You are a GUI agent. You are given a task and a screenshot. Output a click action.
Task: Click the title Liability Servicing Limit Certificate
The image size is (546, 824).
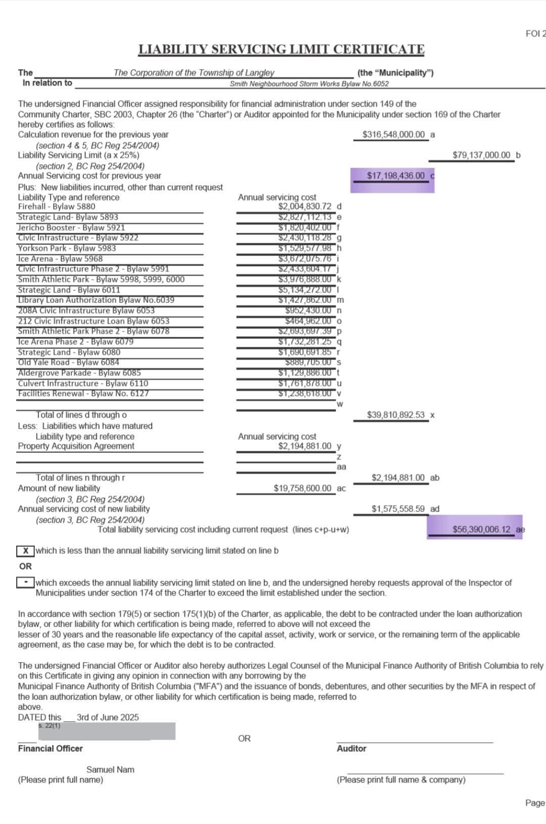282,49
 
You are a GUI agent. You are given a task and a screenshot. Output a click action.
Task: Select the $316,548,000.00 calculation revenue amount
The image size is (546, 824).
393,135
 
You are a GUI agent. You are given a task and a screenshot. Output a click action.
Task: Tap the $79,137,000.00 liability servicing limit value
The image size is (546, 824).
481,155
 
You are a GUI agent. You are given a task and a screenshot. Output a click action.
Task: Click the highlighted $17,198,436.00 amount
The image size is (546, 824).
395,176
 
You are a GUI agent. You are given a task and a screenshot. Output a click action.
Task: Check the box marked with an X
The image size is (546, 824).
25,550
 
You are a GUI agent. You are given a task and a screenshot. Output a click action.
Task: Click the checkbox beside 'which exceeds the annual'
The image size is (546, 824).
25,583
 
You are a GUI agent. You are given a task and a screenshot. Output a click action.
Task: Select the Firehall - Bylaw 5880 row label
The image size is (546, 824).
57,207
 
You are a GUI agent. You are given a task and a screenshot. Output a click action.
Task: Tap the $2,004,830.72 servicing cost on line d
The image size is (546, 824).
305,207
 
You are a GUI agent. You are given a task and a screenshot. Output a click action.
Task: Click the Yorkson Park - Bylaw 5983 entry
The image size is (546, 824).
67,248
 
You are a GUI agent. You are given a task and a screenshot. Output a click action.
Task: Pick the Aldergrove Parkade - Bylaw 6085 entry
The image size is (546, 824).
79,373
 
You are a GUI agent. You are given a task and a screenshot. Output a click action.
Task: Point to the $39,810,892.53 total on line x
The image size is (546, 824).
395,415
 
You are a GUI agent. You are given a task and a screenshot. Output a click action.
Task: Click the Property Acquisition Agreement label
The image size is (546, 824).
76,446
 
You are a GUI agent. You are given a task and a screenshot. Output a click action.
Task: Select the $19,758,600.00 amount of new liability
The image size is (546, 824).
302,488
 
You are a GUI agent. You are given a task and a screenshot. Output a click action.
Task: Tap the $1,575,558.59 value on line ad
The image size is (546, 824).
398,509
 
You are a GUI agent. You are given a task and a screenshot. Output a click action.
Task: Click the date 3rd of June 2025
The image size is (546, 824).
108,717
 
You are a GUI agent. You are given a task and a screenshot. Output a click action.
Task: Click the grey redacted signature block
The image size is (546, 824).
107,732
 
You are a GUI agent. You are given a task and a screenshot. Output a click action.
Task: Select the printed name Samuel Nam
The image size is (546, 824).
110,769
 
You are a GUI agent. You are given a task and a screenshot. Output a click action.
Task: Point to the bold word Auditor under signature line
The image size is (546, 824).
351,749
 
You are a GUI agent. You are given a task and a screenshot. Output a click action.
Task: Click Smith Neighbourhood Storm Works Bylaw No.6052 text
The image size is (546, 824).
309,84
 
